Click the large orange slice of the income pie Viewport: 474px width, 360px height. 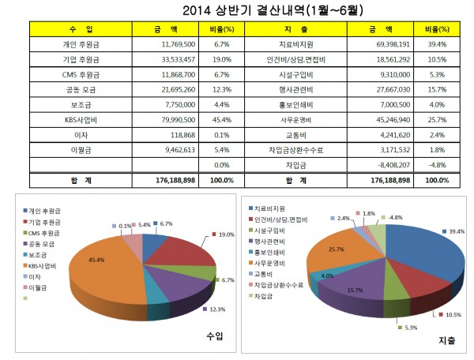point(103,268)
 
